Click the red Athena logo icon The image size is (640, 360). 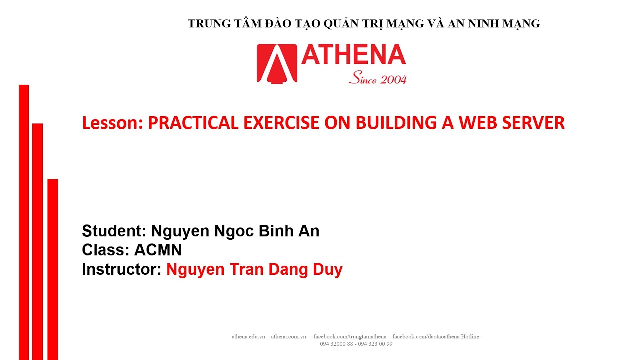[x=277, y=63]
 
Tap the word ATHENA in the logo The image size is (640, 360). [x=353, y=55]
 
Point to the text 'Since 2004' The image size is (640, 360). [x=378, y=78]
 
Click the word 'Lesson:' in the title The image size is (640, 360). [x=113, y=123]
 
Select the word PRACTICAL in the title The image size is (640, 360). [x=193, y=123]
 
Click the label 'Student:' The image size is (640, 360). [x=114, y=231]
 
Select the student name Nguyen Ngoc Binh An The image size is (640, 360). [x=235, y=231]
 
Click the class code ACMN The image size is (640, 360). [x=158, y=250]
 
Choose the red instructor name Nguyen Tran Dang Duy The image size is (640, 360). [x=254, y=270]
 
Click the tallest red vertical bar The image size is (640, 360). [x=24, y=222]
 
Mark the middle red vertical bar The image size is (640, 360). [x=38, y=241]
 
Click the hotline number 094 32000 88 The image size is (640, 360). [x=337, y=344]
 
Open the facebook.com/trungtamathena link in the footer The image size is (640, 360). [x=352, y=337]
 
